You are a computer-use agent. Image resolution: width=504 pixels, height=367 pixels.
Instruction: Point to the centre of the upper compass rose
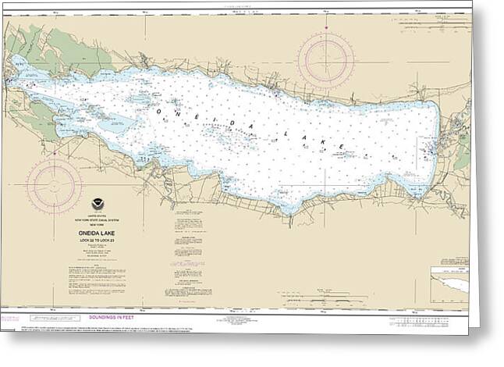pyautogui.click(x=325, y=59)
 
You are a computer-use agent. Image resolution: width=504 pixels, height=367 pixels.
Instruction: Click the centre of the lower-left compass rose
pyautogui.click(x=54, y=186)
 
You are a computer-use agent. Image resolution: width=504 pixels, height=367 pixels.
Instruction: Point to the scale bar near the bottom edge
pyautogui.click(x=328, y=300)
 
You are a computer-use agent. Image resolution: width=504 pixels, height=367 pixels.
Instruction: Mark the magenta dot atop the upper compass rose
pyautogui.click(x=325, y=27)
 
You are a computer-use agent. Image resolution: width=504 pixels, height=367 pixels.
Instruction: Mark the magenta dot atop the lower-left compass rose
pyautogui.click(x=54, y=156)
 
